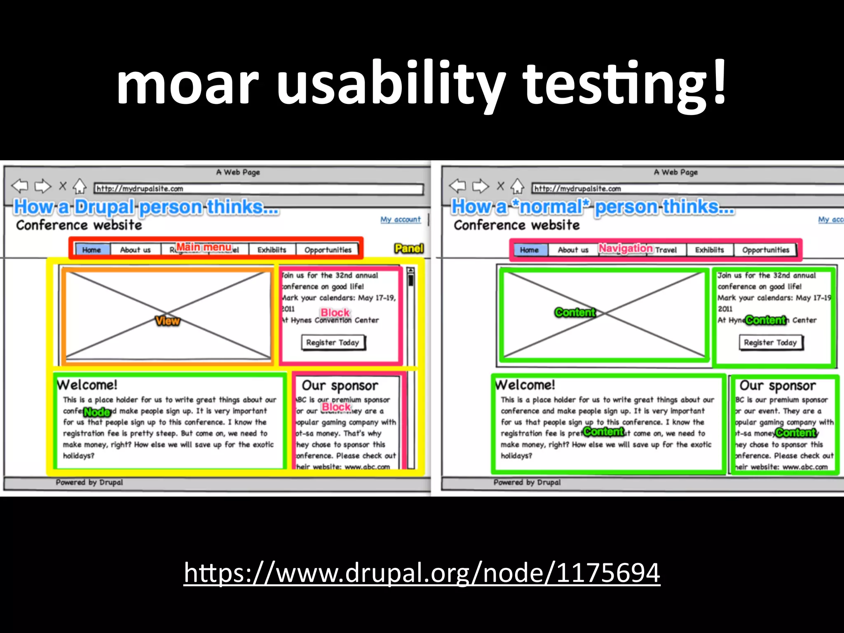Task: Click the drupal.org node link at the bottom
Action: (x=422, y=573)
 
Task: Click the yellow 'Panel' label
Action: (x=408, y=249)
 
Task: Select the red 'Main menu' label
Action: (x=204, y=247)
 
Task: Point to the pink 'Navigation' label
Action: (x=625, y=248)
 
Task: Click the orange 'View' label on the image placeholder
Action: (x=167, y=321)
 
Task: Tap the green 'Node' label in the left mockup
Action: (x=97, y=412)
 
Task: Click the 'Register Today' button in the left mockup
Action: (x=333, y=342)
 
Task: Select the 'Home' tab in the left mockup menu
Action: (x=91, y=250)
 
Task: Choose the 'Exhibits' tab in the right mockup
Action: (x=709, y=250)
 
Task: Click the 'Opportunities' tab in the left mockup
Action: (x=328, y=250)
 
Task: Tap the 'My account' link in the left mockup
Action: (x=400, y=219)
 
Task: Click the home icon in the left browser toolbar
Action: (x=80, y=187)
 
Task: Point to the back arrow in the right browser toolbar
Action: (x=457, y=186)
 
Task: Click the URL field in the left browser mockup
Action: (x=258, y=189)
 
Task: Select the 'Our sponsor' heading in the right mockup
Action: (x=777, y=385)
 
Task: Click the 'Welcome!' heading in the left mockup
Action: (x=87, y=385)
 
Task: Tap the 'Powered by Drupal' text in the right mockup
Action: (x=527, y=482)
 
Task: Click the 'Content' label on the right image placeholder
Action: (x=575, y=312)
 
